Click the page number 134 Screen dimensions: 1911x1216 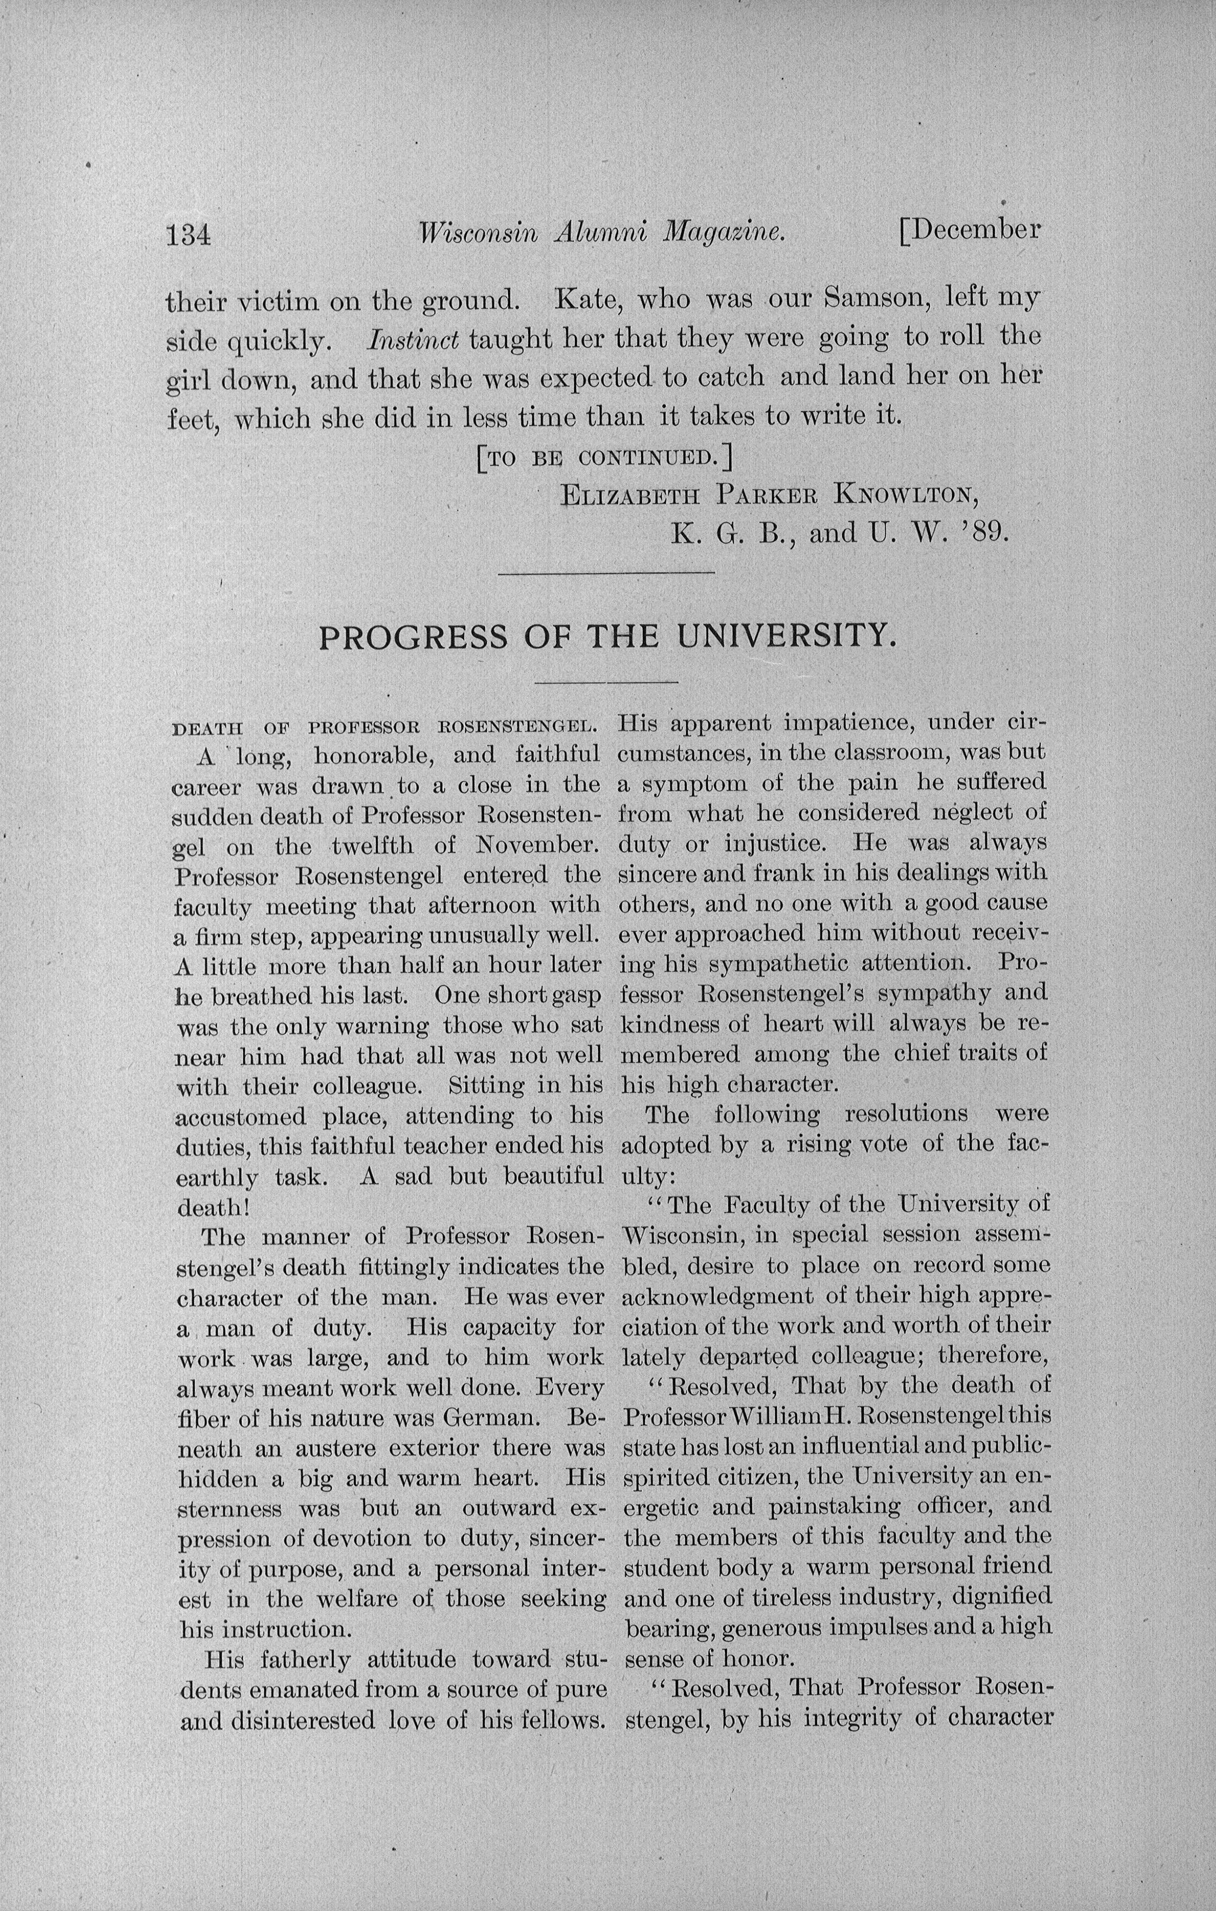tap(188, 236)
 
